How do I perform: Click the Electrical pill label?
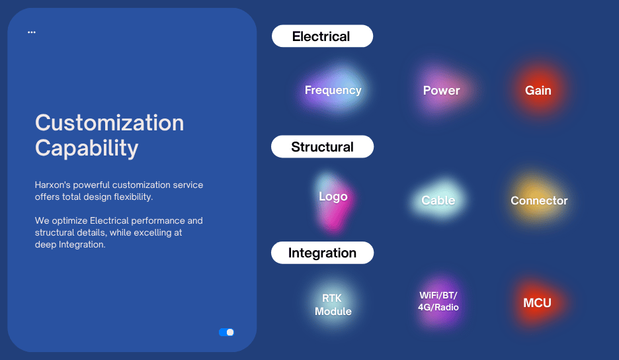(322, 36)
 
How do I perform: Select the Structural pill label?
(322, 147)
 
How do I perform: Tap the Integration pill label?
(322, 253)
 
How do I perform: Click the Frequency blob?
(333, 90)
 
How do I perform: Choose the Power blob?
(441, 91)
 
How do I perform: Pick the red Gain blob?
(538, 91)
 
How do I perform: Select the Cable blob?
(438, 200)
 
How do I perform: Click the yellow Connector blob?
(539, 201)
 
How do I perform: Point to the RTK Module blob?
(333, 304)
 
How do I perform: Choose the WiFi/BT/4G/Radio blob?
(438, 301)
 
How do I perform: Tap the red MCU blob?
(537, 302)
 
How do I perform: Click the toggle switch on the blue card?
(227, 332)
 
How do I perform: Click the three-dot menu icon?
(32, 32)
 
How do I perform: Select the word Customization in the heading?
(109, 122)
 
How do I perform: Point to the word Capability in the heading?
(87, 148)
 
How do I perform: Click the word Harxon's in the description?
(52, 185)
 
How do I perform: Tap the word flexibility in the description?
(133, 197)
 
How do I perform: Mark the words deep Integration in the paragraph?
(70, 245)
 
